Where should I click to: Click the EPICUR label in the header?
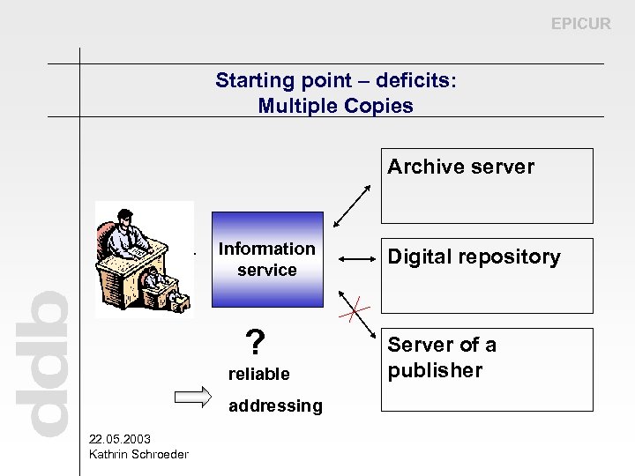pos(580,24)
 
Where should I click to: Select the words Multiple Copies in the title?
pos(335,107)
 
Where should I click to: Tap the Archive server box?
pos(487,186)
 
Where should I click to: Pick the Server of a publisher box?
pos(487,369)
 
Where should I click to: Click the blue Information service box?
pos(267,259)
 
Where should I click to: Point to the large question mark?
pos(255,341)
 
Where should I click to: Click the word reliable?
pos(258,374)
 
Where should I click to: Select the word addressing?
pos(275,405)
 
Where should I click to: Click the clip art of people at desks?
pos(145,259)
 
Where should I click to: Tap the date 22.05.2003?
pos(120,439)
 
